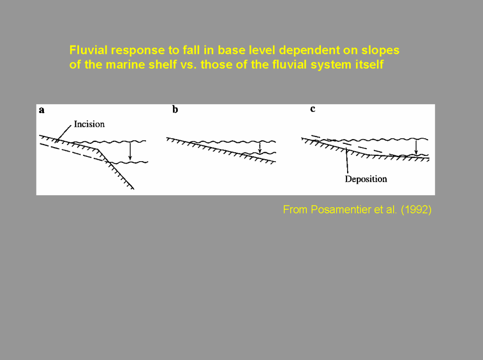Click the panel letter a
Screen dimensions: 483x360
[42, 110]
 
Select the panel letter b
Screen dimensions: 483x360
[175, 109]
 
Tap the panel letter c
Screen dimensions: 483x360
[313, 109]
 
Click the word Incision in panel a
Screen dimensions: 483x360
[89, 124]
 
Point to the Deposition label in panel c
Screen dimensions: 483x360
[366, 179]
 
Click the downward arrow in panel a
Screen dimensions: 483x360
[130, 151]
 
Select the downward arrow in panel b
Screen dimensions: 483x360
[260, 148]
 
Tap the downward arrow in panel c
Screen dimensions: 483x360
[416, 147]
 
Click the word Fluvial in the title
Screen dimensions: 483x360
[88, 50]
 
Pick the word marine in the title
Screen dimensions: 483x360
[123, 64]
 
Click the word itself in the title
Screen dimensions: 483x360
[370, 64]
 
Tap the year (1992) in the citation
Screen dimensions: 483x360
[416, 210]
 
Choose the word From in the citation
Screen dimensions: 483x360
[295, 210]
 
